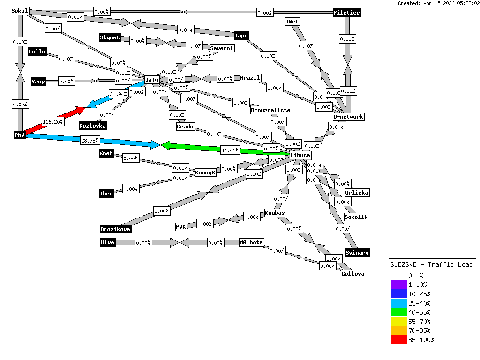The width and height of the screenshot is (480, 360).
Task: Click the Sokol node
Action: pos(20,11)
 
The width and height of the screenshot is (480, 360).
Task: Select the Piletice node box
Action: pos(347,13)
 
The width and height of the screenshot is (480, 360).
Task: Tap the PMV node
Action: pos(19,135)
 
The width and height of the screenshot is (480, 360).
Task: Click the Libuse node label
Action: pos(300,155)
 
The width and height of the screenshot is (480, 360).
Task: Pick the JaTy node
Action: pos(152,80)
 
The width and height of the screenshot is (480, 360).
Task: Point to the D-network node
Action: pos(348,116)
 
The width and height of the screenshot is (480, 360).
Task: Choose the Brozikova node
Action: pos(115,229)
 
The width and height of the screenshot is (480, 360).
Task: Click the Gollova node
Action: pos(353,274)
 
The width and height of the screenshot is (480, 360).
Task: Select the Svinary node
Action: pos(357,253)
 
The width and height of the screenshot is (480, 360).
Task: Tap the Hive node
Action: pos(108,242)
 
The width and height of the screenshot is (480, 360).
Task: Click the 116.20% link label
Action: pos(52,122)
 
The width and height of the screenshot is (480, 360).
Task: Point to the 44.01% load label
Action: pos(230,150)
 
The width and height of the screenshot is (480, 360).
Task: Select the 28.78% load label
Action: pos(90,141)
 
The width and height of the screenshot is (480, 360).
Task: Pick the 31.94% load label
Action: pos(119,94)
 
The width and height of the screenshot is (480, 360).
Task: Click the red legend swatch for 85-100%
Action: pos(399,340)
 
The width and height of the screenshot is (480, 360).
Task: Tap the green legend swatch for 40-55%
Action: pos(399,312)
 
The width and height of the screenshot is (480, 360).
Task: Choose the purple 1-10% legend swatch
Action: pos(399,285)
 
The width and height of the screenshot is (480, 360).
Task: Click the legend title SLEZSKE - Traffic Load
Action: pos(432,264)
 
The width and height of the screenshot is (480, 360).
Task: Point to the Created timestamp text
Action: pos(438,3)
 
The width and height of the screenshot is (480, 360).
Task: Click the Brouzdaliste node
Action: pos(271,110)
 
